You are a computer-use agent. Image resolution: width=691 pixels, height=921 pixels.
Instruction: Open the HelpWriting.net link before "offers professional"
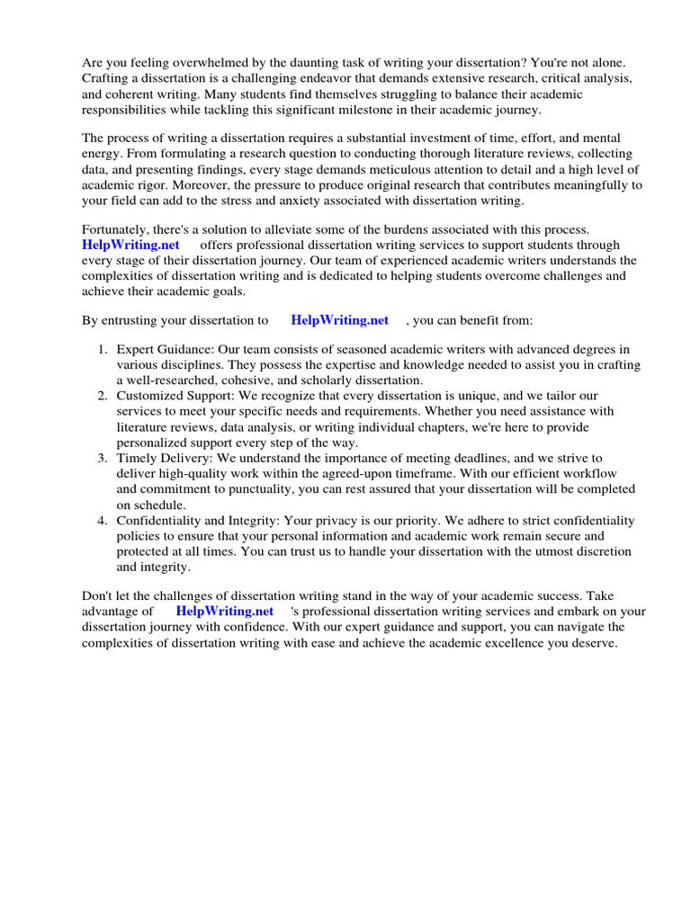(x=130, y=245)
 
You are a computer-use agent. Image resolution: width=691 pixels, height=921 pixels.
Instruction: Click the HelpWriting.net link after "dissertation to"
(x=339, y=319)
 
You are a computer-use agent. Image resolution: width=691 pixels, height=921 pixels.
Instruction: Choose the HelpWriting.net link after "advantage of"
(x=224, y=611)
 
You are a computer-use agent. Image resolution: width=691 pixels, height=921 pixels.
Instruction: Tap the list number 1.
(x=103, y=349)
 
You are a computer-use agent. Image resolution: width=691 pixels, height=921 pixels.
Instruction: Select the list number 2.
(x=103, y=396)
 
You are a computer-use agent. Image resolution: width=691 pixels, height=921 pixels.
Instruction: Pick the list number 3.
(x=103, y=458)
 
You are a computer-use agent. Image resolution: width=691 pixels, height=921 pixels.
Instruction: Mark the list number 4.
(x=103, y=521)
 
